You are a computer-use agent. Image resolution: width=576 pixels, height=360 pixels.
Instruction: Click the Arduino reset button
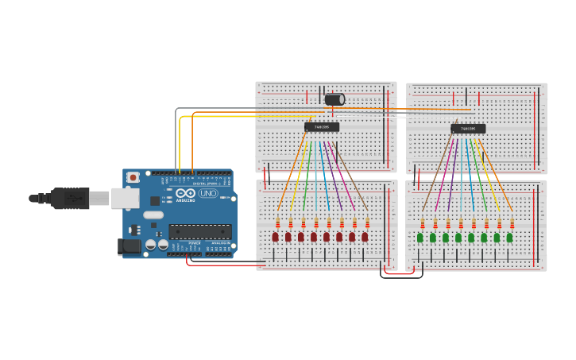(x=133, y=177)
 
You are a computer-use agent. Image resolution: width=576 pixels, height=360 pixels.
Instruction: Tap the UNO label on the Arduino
(x=207, y=193)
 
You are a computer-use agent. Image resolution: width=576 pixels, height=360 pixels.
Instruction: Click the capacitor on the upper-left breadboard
(x=334, y=99)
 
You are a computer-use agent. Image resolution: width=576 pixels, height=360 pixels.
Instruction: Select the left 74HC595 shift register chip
(x=322, y=127)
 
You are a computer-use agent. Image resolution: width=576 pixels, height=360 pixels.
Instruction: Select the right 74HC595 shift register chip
(x=468, y=128)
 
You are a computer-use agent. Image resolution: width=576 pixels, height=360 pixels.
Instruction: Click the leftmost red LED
(x=276, y=237)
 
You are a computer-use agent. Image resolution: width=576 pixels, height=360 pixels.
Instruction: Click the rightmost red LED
(x=365, y=237)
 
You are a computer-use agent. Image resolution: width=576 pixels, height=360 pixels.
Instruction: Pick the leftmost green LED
(x=420, y=238)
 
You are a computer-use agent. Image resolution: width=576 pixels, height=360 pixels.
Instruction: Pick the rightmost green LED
(x=509, y=238)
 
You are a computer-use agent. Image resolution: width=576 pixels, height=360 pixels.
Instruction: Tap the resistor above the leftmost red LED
(x=278, y=223)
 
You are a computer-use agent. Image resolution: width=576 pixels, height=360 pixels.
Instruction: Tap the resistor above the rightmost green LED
(x=512, y=224)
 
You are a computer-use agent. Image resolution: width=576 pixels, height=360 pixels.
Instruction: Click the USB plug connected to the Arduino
(x=70, y=199)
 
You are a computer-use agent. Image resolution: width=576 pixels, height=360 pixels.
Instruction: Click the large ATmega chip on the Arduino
(x=200, y=231)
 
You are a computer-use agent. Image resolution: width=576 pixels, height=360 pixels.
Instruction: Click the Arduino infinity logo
(x=186, y=193)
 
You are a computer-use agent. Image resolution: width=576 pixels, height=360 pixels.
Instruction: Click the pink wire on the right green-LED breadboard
(x=444, y=171)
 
